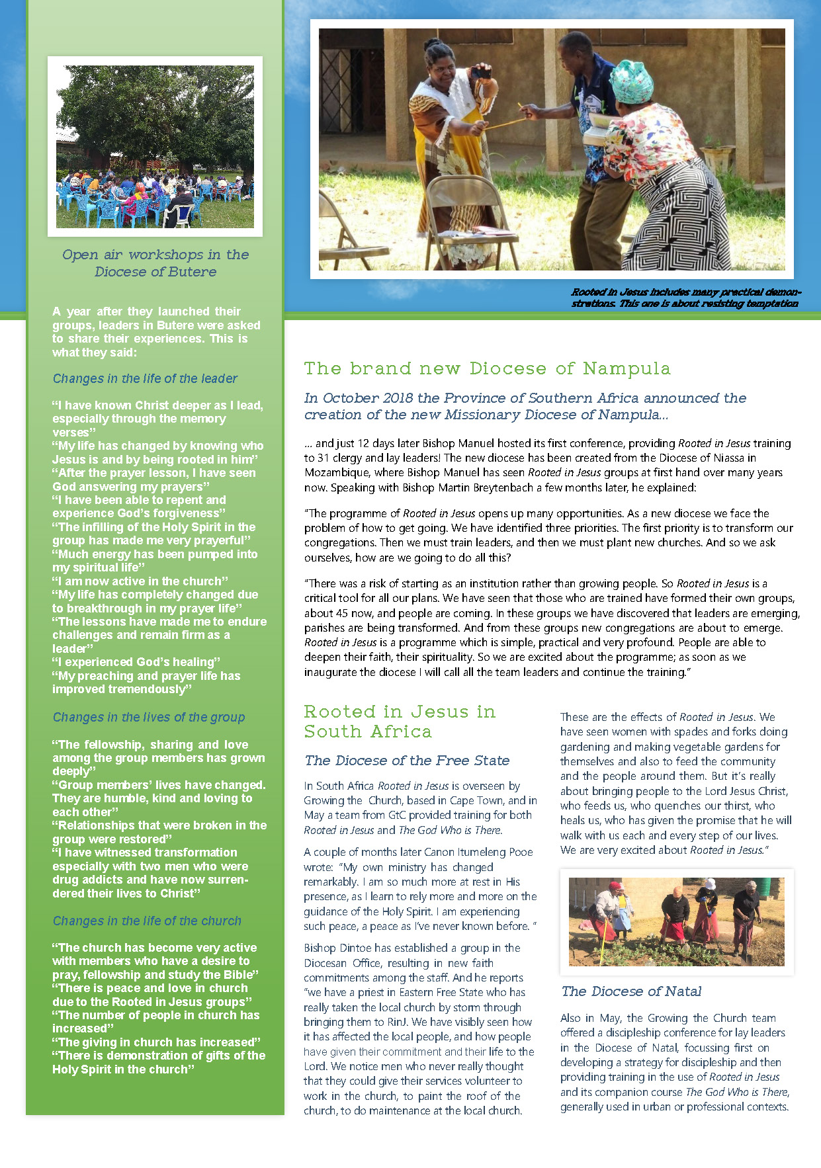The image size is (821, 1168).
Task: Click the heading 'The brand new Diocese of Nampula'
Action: coord(487,368)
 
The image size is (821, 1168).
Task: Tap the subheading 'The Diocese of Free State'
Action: coord(407,761)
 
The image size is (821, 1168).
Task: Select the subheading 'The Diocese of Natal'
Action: coord(631,991)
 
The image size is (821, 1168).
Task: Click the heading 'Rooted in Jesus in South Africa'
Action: coord(399,722)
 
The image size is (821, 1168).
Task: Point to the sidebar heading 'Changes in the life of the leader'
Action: coord(145,379)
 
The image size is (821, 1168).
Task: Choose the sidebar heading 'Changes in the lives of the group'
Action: coord(149,718)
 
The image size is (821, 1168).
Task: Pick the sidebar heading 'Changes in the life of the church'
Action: coord(147,921)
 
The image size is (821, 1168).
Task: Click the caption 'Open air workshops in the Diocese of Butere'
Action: coord(155,263)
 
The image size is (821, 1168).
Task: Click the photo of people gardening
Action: coord(676,921)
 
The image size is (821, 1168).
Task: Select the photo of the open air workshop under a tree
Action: coord(155,146)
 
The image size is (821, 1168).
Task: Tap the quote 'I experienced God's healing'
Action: coord(136,662)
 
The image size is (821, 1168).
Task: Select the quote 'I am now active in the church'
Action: coord(140,581)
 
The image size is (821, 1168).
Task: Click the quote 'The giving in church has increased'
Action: coord(157,1042)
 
